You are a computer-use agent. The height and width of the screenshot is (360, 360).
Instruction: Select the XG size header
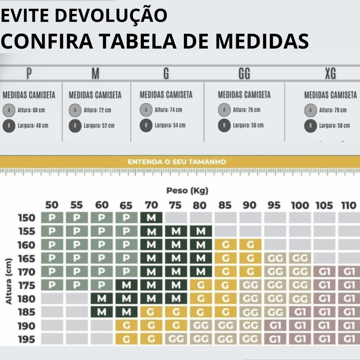pos(330,74)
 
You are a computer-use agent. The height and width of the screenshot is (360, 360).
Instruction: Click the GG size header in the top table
pos(244,74)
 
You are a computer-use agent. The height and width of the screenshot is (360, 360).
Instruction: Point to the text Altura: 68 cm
pos(34,110)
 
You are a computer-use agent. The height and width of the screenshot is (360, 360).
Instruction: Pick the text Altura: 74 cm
pos(168,110)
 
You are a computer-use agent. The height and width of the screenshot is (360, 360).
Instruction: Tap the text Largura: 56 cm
pos(248,126)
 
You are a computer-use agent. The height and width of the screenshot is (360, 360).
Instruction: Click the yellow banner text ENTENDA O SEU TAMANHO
pos(176,162)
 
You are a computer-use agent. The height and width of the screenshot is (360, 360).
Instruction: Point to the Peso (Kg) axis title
pos(187,191)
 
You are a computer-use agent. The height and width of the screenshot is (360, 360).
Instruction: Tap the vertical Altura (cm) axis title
pos(9,282)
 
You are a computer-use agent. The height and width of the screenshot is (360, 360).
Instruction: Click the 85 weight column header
pos(225,205)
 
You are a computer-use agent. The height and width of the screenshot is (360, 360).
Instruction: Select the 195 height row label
pos(27,340)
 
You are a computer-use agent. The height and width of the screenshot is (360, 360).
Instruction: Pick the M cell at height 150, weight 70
pos(151,218)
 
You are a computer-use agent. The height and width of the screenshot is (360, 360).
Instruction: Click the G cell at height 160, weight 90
pos(250,245)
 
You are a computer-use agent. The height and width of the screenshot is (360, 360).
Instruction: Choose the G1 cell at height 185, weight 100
pos(300,312)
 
